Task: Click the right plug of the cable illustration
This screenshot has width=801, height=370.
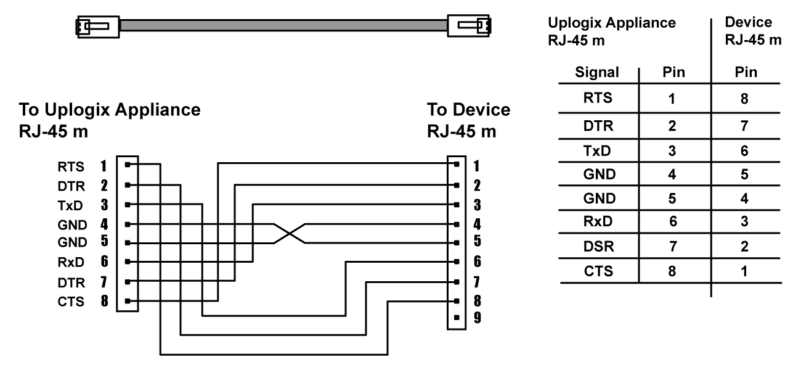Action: [x=471, y=25]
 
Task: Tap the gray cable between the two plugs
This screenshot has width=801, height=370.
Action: [x=283, y=25]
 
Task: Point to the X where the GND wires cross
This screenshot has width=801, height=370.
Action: [x=288, y=233]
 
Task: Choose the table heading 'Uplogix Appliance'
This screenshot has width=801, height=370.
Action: [x=610, y=23]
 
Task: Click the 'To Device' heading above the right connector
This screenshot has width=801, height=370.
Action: [x=468, y=110]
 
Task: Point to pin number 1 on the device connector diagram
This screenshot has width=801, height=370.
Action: [x=476, y=165]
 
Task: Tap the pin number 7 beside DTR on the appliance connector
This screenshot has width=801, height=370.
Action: [x=104, y=282]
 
